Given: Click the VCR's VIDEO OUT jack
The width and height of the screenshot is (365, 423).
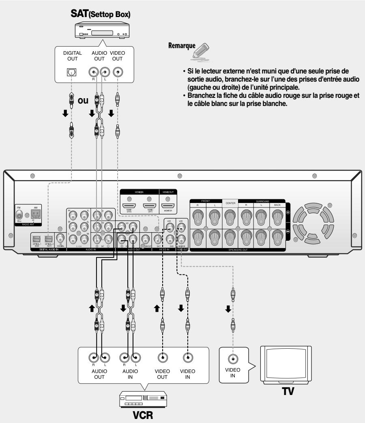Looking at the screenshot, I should coord(163,358).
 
